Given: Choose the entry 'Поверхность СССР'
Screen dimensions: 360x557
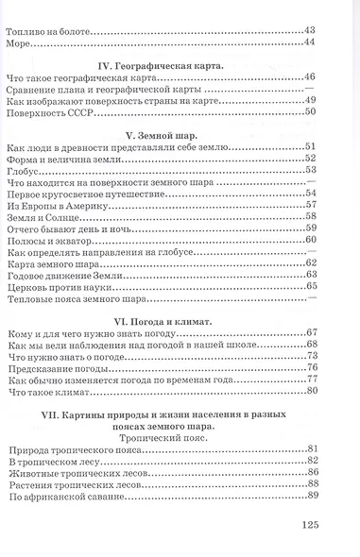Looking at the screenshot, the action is point(48,111).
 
